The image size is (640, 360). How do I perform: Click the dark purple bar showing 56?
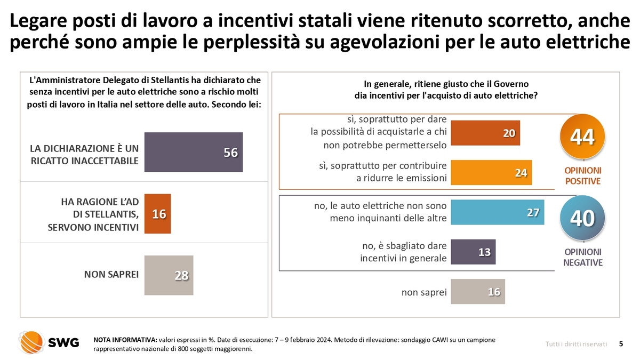pos(193,152)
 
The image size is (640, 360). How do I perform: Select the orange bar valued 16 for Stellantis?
pos(157,214)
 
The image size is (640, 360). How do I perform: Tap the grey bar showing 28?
pos(169,275)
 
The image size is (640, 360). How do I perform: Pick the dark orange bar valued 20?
pos(485,133)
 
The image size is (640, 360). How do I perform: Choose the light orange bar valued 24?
pos(491,172)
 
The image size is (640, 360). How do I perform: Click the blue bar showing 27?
pos(497,212)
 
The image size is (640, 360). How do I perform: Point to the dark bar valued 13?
pos(473,252)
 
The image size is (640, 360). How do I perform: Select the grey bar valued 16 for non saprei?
pos(478,292)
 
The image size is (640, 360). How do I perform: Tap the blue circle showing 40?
pos(582,218)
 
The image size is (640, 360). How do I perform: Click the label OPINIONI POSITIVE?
pos(582,175)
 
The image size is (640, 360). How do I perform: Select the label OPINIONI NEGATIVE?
pos(582,257)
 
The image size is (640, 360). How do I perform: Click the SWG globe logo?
pos(31,342)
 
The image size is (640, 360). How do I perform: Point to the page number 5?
pos(621,344)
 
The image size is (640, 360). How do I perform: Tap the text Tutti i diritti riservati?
pos(576,344)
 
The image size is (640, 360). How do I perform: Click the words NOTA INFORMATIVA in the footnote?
pos(125,339)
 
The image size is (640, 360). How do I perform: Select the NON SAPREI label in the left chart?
pos(111,275)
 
